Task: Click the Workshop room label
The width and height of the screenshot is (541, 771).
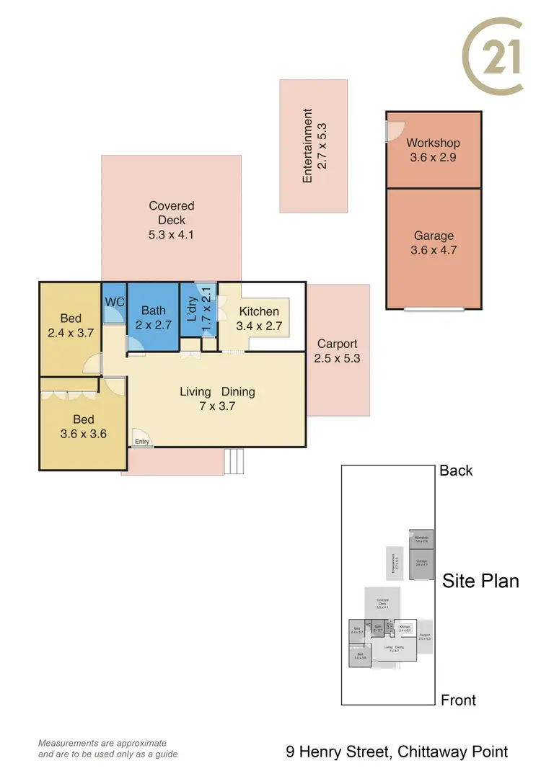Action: point(433,143)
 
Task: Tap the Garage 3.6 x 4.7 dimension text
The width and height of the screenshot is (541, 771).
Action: point(434,251)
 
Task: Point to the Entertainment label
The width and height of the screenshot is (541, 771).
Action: point(308,146)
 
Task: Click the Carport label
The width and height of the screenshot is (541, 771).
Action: point(338,344)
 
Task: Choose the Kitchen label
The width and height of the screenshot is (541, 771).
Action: point(259,311)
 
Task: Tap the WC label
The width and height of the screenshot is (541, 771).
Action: point(115,302)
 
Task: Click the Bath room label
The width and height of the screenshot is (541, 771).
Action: point(153,311)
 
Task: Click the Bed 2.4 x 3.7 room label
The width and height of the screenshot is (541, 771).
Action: point(71,318)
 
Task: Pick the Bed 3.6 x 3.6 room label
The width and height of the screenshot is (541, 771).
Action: point(83,419)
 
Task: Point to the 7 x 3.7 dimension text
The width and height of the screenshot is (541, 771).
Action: point(218,406)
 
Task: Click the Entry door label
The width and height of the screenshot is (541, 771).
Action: point(141,442)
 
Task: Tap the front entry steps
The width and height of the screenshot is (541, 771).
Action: point(235,460)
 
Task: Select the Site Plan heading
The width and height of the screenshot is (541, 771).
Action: point(480,580)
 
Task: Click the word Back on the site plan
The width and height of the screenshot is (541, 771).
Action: point(456,471)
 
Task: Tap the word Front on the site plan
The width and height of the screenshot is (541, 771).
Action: point(459,700)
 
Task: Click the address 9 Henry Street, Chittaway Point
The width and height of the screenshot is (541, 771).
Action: point(397,752)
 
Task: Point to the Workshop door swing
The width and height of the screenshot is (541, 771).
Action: point(395,130)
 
